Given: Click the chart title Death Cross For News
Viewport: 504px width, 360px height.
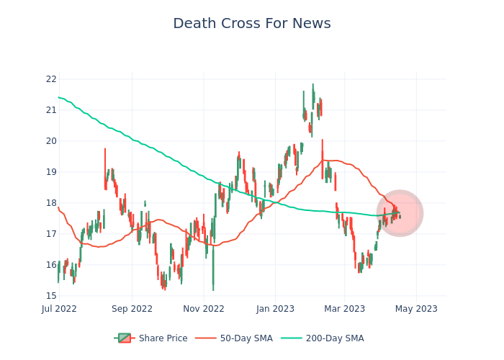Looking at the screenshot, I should click(252, 24).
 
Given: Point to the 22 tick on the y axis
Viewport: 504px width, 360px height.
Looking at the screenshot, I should click(51, 79).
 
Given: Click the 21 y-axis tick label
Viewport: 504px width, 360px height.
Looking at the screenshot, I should click(51, 110).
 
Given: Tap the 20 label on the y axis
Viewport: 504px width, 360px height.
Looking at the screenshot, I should click(51, 141).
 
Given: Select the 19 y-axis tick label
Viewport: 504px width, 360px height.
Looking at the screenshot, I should click(51, 172).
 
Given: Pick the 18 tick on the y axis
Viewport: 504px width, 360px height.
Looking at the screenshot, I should click(51, 203).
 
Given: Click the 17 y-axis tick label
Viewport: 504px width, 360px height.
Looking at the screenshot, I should click(51, 234).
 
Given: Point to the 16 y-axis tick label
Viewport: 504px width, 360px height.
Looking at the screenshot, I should click(51, 265).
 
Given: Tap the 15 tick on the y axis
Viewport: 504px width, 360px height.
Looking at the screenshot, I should click(51, 296).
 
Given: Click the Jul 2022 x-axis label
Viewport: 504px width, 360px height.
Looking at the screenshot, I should click(59, 309).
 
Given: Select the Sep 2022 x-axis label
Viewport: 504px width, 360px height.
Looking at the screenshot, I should click(132, 309).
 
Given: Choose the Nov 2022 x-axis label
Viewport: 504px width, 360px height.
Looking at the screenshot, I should click(204, 309).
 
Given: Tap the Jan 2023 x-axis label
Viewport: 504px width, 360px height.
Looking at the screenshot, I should click(274, 309).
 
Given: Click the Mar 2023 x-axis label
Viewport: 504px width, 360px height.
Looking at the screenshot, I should click(344, 309).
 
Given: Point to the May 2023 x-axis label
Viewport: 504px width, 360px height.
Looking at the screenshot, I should click(416, 309).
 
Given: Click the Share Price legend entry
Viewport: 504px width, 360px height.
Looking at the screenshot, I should click(163, 338).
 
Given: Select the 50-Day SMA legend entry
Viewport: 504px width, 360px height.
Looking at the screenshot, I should click(246, 338).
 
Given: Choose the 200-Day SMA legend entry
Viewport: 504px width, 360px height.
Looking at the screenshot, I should click(334, 338).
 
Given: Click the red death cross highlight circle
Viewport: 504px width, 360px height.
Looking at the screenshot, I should click(400, 213).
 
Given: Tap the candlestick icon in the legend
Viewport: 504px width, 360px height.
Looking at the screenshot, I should click(125, 338).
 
